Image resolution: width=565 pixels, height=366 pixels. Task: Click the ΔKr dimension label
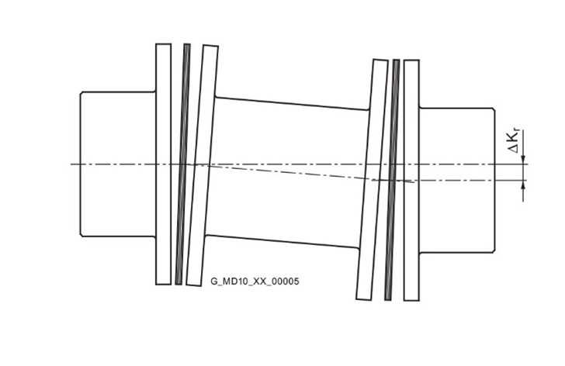[515, 142]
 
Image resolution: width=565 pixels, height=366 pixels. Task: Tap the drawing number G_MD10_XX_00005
[255, 281]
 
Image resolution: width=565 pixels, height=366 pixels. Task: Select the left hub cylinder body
[118, 164]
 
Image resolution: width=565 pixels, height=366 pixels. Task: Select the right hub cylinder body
[457, 180]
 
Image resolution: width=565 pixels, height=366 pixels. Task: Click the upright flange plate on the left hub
[163, 164]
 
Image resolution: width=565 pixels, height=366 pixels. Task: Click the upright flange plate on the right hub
[411, 180]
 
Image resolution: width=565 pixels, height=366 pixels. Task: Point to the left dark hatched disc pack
[182, 164]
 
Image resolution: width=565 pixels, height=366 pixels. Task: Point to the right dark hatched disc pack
[392, 180]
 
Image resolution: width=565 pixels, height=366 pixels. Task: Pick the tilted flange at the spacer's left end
[202, 165]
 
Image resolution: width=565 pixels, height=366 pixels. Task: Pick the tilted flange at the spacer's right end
[373, 180]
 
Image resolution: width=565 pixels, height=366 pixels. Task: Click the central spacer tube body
[287, 173]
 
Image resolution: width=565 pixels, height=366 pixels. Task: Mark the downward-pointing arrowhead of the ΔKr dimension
[524, 160]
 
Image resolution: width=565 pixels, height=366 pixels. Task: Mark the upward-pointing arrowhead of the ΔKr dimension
[524, 185]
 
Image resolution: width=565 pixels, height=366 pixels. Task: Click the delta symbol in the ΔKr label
[514, 149]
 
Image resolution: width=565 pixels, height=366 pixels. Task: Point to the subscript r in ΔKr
[518, 132]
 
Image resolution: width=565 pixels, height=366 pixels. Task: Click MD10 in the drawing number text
[231, 281]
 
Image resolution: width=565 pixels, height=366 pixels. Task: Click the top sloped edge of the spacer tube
[292, 103]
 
